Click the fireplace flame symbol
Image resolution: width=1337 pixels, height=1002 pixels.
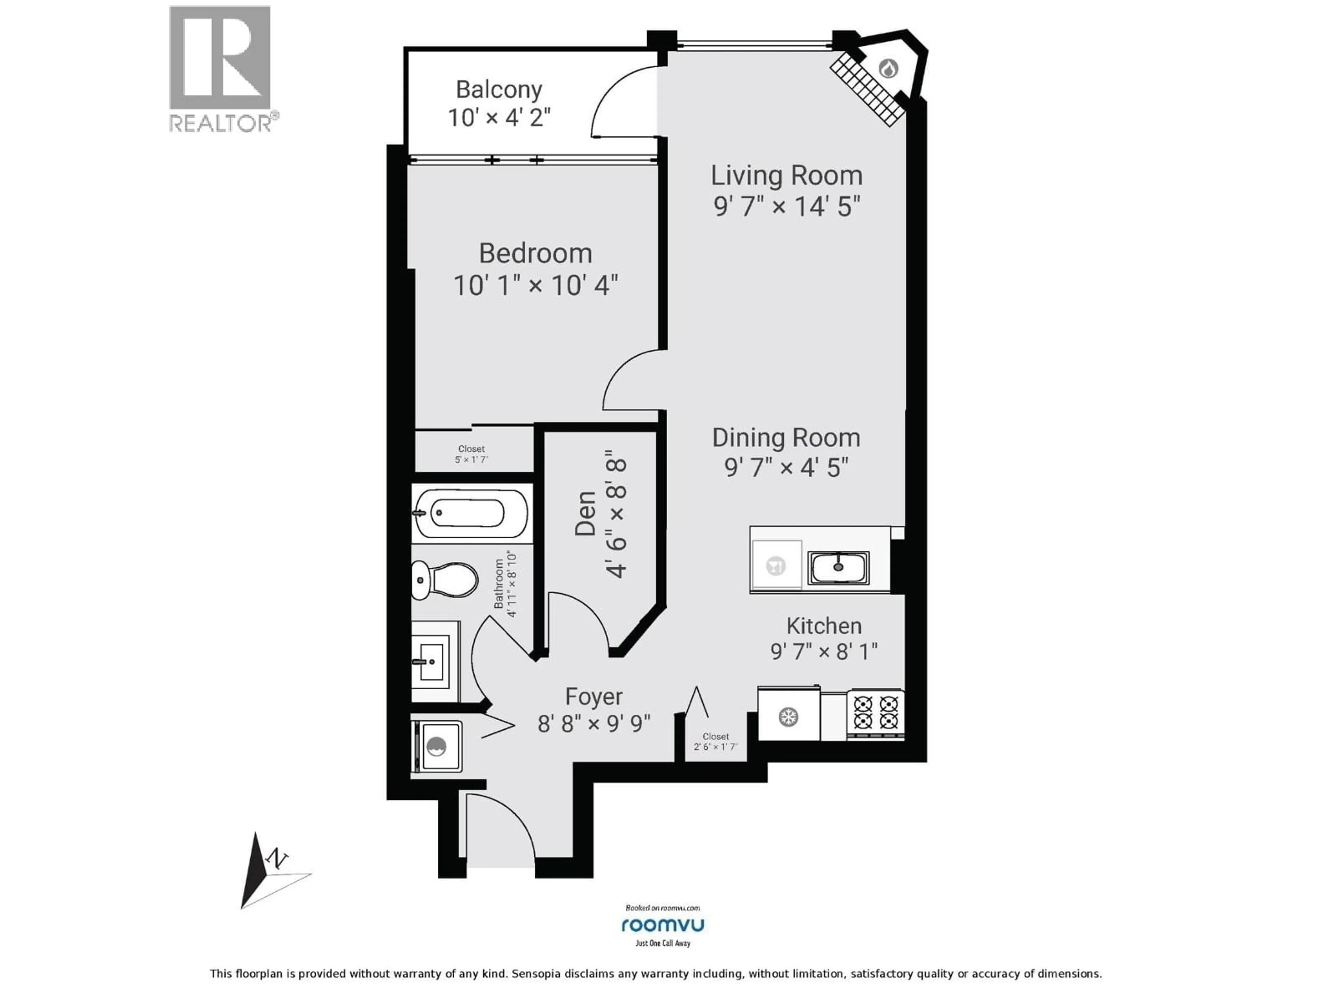(888, 68)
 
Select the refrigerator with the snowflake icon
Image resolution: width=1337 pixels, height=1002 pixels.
(788, 717)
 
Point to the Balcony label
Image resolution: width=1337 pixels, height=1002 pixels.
(499, 89)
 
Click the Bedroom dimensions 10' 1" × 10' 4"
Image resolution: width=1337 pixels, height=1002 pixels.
(535, 285)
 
